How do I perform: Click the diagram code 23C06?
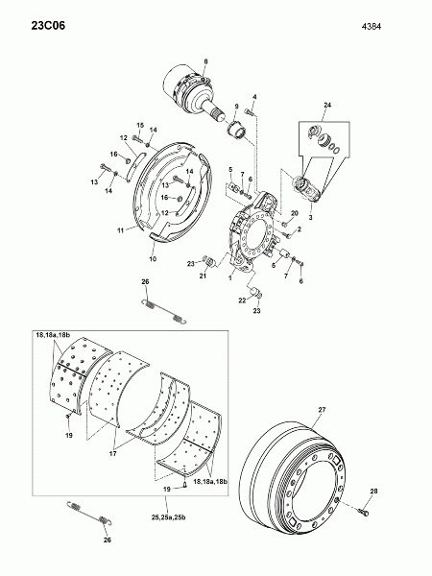pos(48,26)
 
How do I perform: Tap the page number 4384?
pos(372,27)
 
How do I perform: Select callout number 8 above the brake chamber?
pos(205,61)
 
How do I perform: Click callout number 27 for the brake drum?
pos(322,410)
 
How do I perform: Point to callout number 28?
pos(373,492)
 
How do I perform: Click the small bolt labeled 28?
pos(364,512)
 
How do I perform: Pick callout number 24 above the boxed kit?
pos(327,105)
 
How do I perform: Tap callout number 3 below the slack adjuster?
pos(310,217)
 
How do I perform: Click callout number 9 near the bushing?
pos(236,107)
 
